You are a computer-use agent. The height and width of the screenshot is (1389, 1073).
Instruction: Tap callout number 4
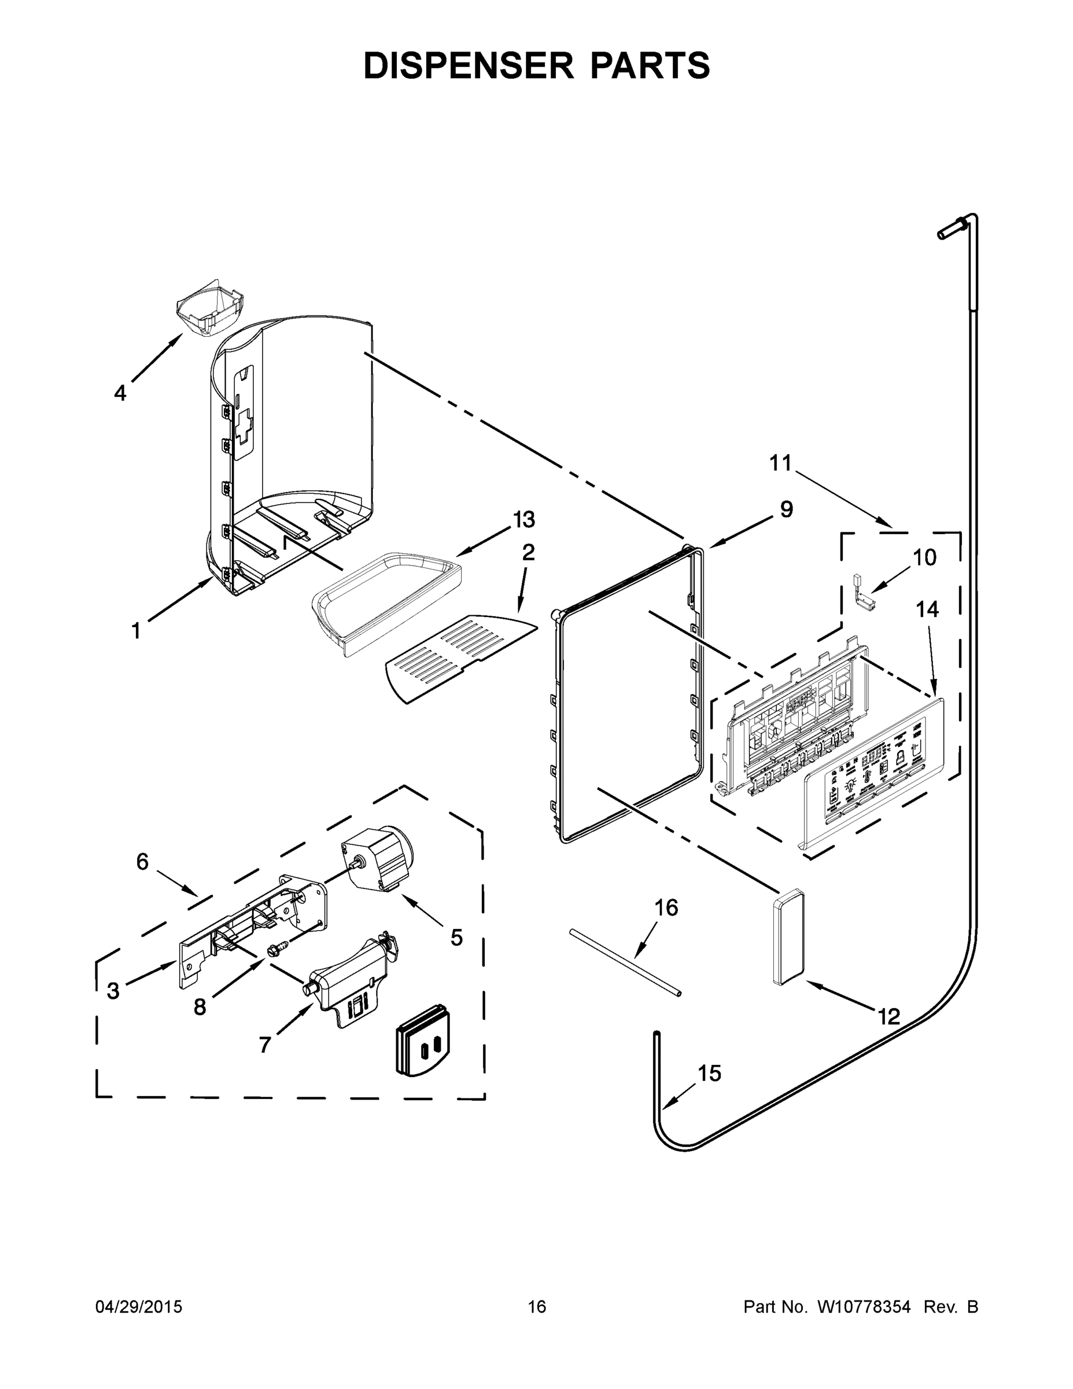120,393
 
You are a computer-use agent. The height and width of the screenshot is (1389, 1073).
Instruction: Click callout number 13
524,520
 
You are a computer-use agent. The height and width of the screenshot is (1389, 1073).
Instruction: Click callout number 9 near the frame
786,509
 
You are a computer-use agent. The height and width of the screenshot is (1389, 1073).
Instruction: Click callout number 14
927,609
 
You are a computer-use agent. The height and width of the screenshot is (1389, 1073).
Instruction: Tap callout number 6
142,862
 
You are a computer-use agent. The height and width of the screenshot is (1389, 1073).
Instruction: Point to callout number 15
709,1074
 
